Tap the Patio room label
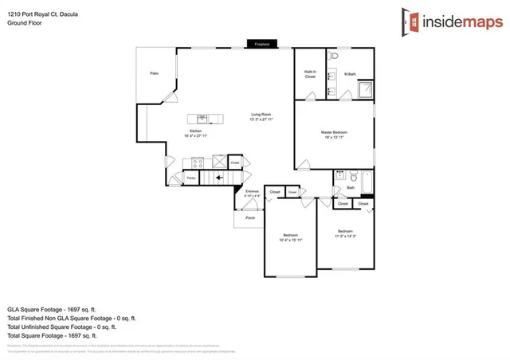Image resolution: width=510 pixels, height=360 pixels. click(154, 73)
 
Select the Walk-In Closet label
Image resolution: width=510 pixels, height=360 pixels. click(310, 74)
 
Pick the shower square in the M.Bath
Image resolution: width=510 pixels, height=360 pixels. click(365, 88)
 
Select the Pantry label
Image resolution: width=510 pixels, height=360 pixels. click(191, 178)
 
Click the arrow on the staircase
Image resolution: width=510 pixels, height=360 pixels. click(216, 178)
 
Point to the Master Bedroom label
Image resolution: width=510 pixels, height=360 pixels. click(334, 132)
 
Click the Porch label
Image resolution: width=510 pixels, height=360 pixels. click(250, 217)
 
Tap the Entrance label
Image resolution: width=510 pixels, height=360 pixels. click(252, 192)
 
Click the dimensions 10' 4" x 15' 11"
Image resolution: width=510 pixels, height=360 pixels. click(291, 240)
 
